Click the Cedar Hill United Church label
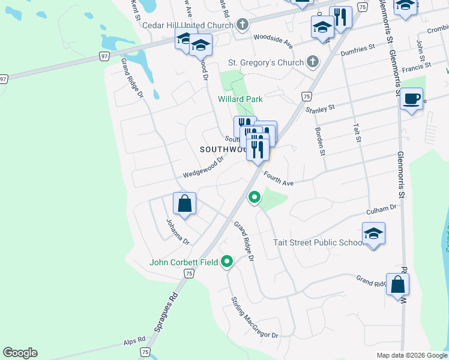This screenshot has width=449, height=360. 187,25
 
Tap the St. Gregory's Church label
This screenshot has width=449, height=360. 265,62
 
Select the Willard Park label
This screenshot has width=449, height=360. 240,99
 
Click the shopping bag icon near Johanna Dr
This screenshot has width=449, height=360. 185,203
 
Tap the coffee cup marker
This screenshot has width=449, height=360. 411,99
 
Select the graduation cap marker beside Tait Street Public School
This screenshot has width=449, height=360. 373,233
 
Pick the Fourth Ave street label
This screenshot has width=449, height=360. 279,178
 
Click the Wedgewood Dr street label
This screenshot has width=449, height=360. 203,167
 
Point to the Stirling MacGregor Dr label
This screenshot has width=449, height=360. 255,317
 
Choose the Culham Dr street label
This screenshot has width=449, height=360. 382,210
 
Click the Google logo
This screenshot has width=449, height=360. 20,353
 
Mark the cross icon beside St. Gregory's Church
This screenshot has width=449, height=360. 312,62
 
